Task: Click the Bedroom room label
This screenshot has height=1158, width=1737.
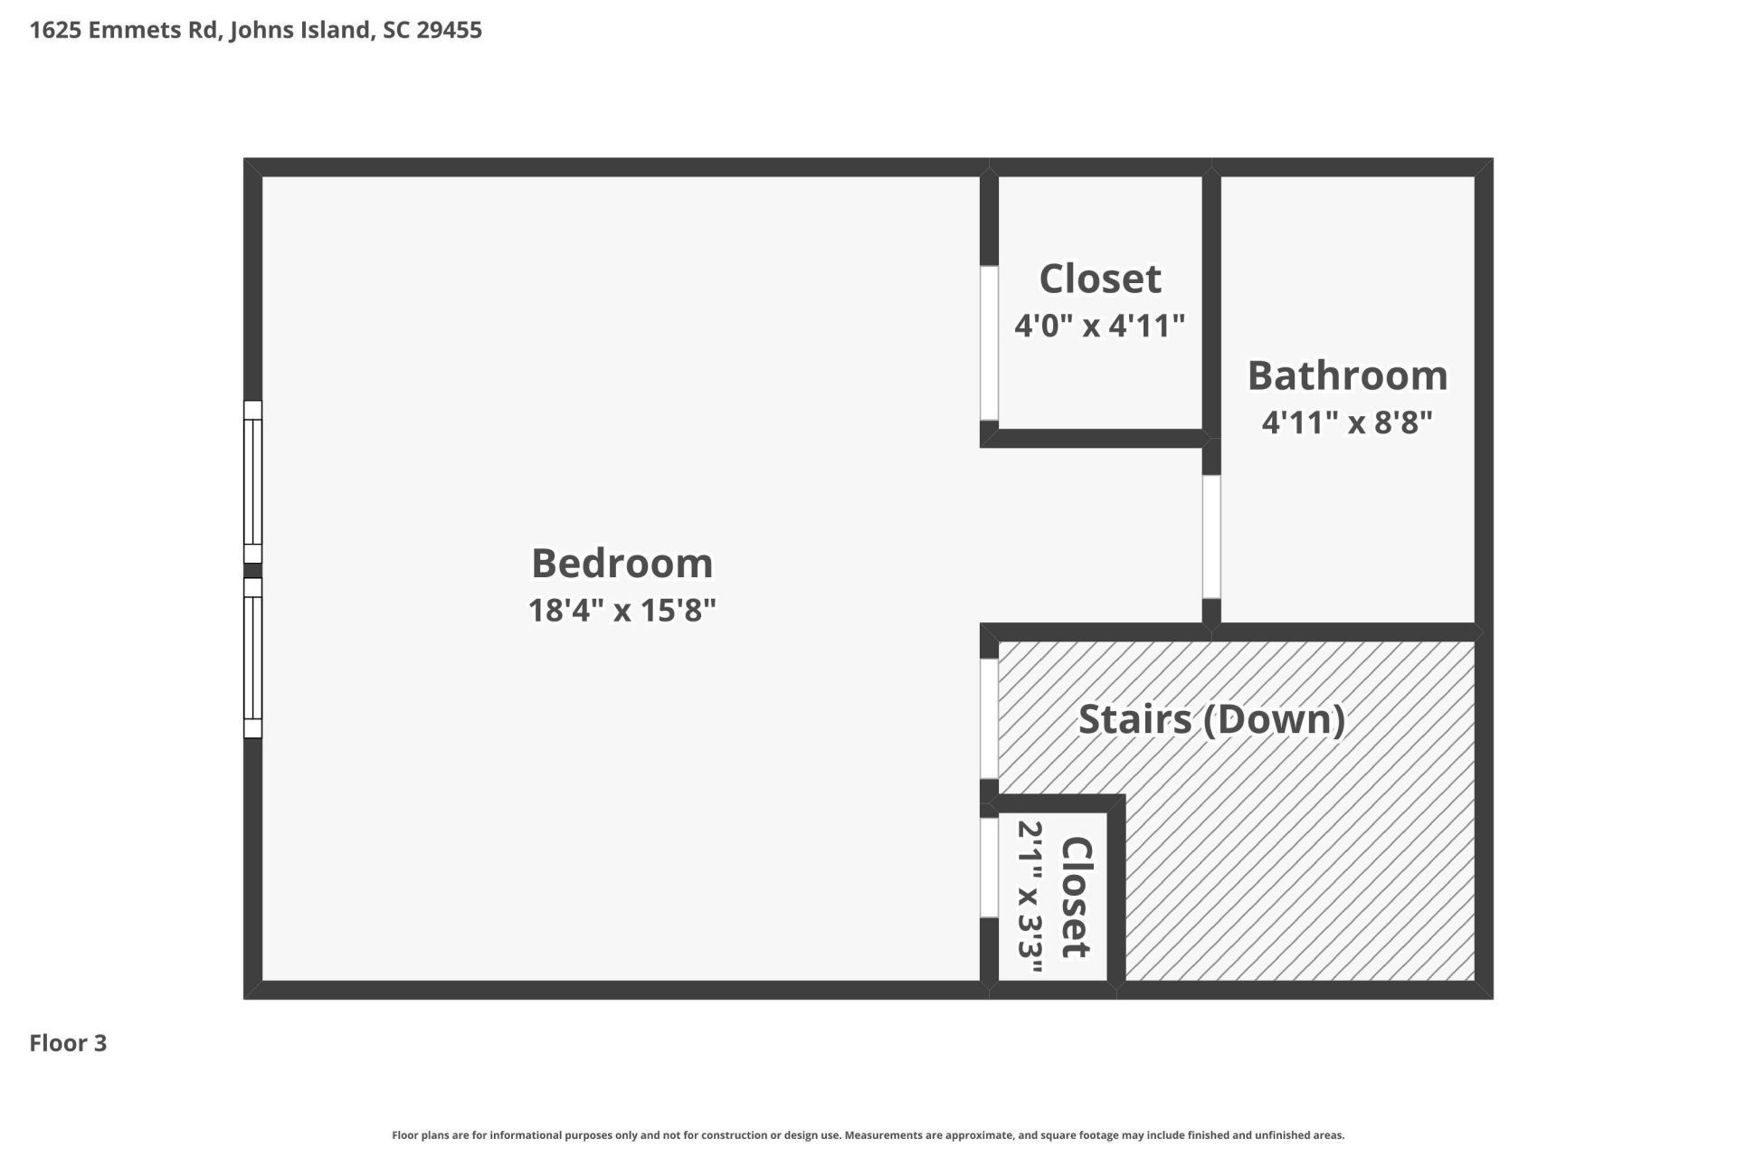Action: [622, 564]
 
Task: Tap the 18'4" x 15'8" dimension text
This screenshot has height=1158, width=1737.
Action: [622, 611]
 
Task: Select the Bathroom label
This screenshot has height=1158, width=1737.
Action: [1347, 375]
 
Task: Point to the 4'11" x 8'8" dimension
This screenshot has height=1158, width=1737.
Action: [1347, 422]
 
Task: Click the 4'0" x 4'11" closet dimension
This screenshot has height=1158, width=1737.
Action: [1099, 325]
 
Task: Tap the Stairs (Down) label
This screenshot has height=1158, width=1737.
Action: [1211, 720]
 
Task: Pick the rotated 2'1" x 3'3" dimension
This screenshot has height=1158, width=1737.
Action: [1030, 897]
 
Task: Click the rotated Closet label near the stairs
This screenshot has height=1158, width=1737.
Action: [1077, 897]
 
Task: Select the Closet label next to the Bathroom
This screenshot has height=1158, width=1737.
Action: [1099, 279]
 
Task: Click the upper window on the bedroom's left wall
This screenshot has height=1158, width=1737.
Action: [253, 482]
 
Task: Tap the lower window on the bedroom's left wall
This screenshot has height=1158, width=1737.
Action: [253, 658]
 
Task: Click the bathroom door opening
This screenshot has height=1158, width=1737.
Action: [1211, 536]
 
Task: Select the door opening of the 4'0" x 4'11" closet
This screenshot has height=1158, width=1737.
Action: [990, 343]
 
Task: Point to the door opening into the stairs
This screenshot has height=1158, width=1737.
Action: [990, 718]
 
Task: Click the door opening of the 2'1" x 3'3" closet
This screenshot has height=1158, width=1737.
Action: [990, 868]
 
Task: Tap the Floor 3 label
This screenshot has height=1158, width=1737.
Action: [68, 1043]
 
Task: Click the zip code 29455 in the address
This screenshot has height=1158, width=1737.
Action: [449, 30]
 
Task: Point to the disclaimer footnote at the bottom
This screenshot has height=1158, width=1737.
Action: [868, 1135]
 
